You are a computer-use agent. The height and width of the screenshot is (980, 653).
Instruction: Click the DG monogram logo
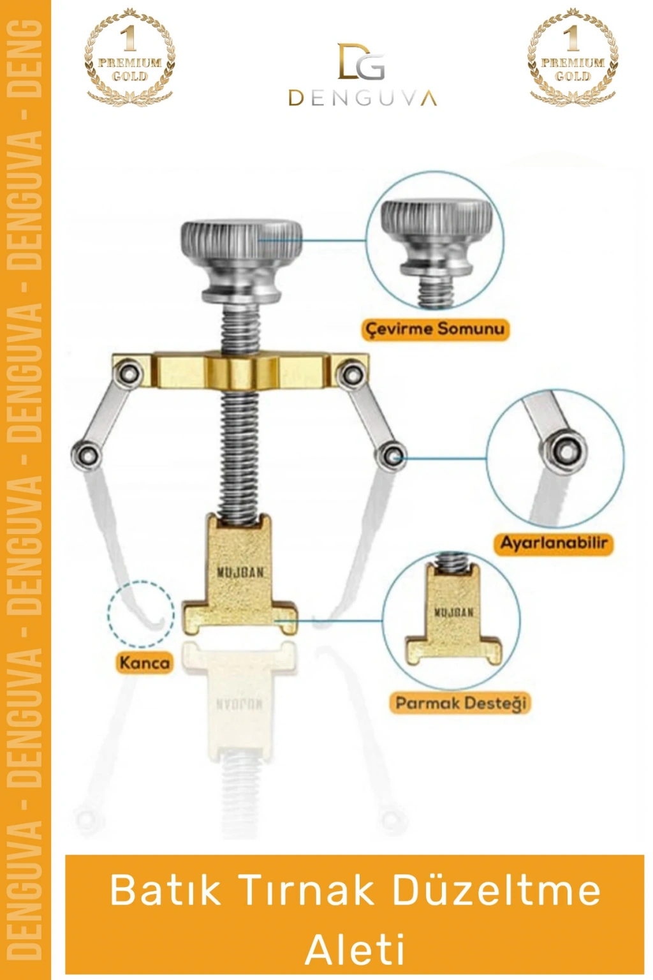pyautogui.click(x=362, y=61)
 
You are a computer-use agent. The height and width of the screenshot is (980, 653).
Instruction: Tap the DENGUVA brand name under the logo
pyautogui.click(x=363, y=98)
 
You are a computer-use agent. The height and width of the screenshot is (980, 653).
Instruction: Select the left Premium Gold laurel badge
pyautogui.click(x=129, y=57)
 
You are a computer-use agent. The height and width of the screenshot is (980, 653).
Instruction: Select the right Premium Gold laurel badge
pyautogui.click(x=573, y=57)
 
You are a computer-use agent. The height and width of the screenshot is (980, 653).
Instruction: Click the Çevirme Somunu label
pyautogui.click(x=435, y=329)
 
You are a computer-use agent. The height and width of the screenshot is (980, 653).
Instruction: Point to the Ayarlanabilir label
pyautogui.click(x=554, y=543)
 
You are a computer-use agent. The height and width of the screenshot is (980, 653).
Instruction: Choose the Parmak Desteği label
pyautogui.click(x=460, y=703)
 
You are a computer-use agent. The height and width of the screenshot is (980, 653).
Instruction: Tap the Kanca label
pyautogui.click(x=144, y=662)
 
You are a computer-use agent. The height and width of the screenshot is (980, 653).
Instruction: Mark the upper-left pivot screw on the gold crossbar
pyautogui.click(x=130, y=373)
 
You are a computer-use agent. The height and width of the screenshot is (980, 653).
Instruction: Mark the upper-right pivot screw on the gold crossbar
pyautogui.click(x=351, y=373)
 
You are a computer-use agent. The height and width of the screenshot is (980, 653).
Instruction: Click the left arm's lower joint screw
pyautogui.click(x=84, y=455)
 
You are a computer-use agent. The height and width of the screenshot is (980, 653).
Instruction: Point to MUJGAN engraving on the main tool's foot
pyautogui.click(x=240, y=573)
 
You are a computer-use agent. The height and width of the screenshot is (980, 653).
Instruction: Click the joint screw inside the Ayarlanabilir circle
pyautogui.click(x=568, y=451)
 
